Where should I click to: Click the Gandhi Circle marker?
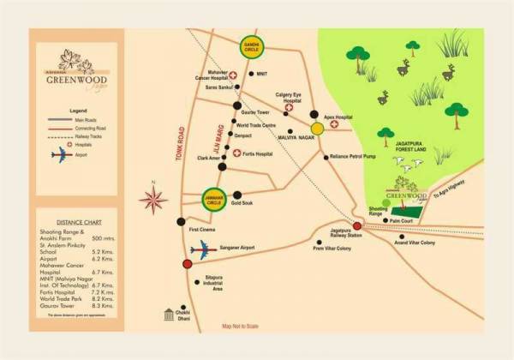coord(251,47)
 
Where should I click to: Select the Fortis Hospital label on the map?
coord(255,154)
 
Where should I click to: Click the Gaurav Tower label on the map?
coord(256,112)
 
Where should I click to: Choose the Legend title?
coord(79,111)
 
